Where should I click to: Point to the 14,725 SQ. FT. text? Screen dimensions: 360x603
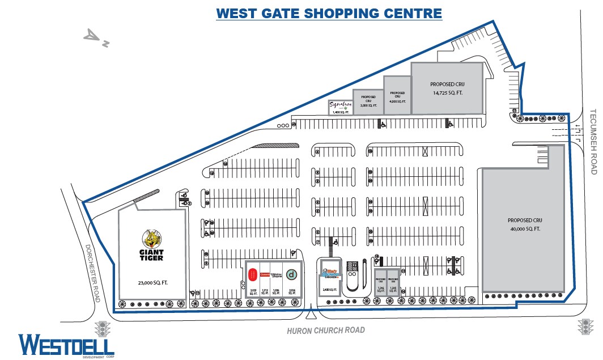pos(448,92)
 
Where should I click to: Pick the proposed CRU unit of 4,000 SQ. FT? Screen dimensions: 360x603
pos(397,96)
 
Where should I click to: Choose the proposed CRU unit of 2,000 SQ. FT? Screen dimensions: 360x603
pos(368,101)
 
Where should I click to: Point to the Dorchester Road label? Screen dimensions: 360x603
pos(92,273)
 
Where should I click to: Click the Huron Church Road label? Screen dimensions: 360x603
pos(326,330)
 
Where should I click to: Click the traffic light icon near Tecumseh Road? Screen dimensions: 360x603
pos(585,327)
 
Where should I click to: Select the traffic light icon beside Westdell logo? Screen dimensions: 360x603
pos(103,328)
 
